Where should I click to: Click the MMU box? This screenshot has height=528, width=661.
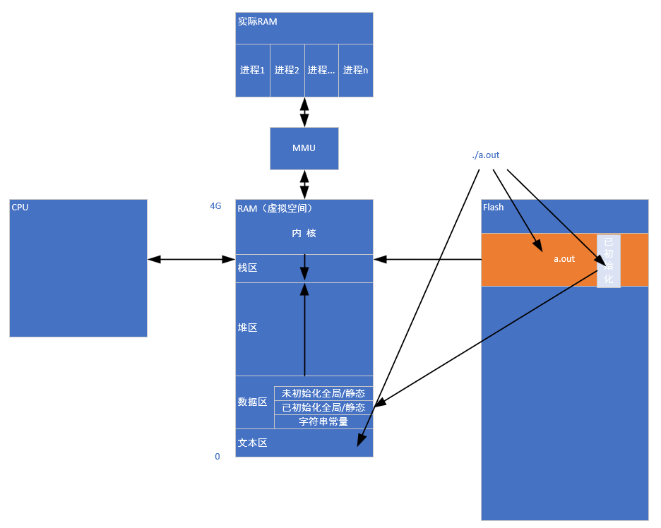tap(304, 148)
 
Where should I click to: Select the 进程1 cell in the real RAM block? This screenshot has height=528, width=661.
tap(252, 70)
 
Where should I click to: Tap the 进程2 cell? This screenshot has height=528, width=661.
tap(287, 70)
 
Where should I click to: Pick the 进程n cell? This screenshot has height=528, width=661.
tap(355, 70)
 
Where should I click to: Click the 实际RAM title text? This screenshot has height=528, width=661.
tap(257, 22)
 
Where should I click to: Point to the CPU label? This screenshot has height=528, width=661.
tap(20, 207)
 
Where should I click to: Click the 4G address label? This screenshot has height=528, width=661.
tap(215, 206)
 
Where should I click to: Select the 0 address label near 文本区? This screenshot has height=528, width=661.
tap(218, 457)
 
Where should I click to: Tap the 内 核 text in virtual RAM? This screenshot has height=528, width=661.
tap(304, 233)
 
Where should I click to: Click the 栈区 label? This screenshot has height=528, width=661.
tap(247, 269)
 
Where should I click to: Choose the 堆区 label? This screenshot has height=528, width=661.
tap(247, 328)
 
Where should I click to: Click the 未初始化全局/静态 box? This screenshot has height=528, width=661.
tap(323, 393)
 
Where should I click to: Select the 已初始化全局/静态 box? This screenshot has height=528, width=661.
tap(323, 407)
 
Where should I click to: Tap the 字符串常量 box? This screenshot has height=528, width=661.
tap(323, 421)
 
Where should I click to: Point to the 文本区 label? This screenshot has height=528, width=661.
tap(252, 443)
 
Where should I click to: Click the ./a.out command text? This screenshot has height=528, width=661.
tap(486, 155)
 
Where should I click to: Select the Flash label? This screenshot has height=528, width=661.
tap(493, 208)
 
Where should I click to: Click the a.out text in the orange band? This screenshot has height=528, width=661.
tap(564, 259)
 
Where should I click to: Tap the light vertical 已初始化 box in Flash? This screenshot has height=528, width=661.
tap(609, 261)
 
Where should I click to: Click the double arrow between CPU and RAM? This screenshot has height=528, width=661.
tap(191, 260)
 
